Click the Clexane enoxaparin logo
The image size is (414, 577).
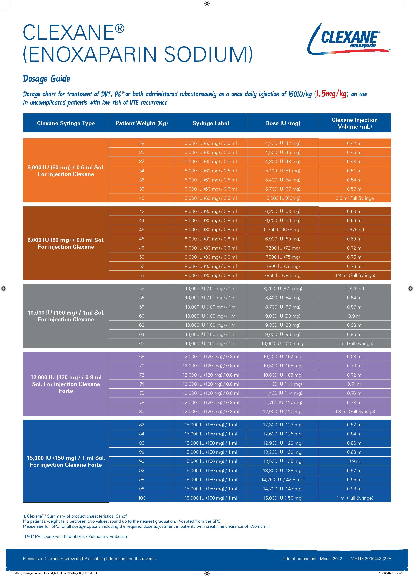coord(349,39)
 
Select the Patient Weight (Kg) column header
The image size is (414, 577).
coord(142,123)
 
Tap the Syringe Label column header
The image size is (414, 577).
coord(211,123)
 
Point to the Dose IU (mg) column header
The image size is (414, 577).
coord(283,123)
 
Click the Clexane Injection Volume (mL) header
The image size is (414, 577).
coord(355,123)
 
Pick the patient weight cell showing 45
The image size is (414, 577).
coord(142,230)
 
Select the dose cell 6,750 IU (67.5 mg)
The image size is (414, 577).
coord(283,230)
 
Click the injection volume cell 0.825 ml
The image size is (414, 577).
coord(355,288)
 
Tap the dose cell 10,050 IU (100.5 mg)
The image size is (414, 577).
coord(283,343)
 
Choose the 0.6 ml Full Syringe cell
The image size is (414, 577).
coord(355,198)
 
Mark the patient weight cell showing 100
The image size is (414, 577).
coord(142,498)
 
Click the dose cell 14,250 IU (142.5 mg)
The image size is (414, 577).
coord(283,480)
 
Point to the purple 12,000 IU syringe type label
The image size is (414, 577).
coord(66,384)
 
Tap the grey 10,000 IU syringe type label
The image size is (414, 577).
coord(66,316)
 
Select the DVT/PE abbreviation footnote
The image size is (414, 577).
coord(76,536)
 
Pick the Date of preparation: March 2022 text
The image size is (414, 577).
coord(312,559)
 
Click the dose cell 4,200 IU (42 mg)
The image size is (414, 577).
coord(283,143)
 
